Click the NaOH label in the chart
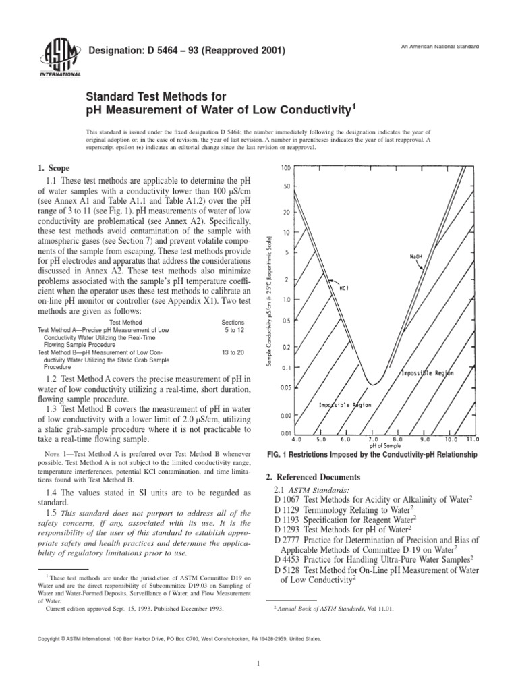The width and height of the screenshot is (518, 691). tap(416, 256)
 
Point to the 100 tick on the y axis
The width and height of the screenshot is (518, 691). tap(286, 167)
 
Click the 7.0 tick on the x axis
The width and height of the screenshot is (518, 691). tap(373, 439)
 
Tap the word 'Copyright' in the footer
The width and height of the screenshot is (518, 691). tap(53, 638)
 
